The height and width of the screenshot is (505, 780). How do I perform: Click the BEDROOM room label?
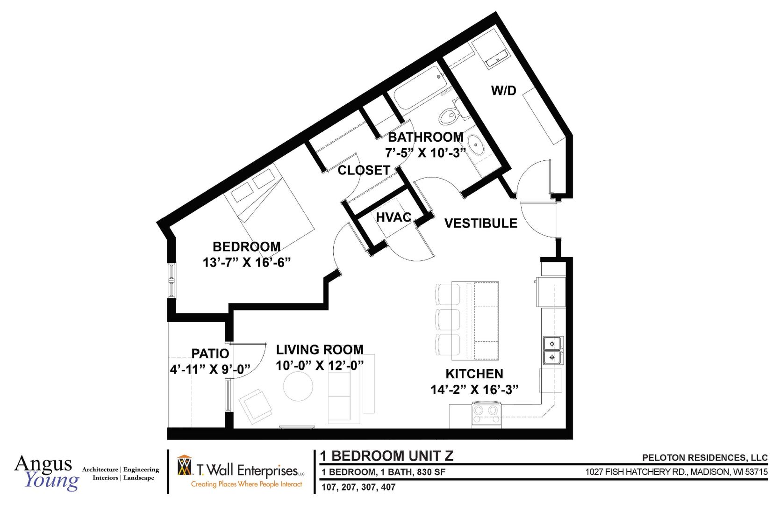[246, 246]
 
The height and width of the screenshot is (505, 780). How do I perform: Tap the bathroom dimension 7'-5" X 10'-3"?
[426, 153]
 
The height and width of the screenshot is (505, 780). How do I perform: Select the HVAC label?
[394, 217]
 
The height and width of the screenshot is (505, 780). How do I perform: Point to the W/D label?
[503, 91]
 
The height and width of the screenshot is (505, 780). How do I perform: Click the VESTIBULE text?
[480, 224]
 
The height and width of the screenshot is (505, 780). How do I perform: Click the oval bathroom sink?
[476, 144]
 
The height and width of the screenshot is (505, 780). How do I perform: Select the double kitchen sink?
[552, 350]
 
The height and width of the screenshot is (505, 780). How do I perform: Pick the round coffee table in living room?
[298, 387]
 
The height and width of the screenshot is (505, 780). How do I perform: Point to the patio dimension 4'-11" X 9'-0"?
[210, 369]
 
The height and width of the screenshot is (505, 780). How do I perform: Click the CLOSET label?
[364, 170]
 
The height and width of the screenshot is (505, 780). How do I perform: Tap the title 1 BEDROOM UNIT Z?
[386, 456]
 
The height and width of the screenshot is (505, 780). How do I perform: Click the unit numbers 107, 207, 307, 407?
[358, 487]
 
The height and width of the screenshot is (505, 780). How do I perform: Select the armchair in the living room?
[255, 405]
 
